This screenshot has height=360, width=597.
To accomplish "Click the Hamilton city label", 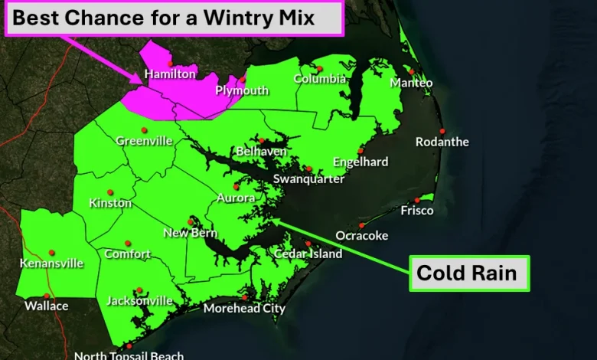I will click(171, 75).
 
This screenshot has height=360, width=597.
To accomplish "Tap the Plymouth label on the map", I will click(241, 90).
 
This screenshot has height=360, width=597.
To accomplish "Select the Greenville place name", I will click(143, 141).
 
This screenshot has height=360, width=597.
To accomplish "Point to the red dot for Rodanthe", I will click(442, 131).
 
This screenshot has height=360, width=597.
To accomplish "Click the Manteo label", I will click(411, 83).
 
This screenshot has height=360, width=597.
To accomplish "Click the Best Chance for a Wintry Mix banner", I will click(174, 18).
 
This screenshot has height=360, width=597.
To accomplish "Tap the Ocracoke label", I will click(362, 236).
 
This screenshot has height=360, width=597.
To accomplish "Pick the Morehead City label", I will click(244, 309).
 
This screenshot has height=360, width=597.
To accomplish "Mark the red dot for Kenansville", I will click(52, 252).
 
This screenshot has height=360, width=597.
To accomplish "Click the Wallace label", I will click(46, 306).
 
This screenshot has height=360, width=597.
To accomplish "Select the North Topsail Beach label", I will click(129, 355).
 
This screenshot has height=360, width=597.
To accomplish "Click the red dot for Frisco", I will click(418, 200).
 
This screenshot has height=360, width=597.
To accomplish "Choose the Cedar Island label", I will click(308, 254).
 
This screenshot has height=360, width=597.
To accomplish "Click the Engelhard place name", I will click(360, 162).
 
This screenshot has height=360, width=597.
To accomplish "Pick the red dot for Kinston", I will click(110, 192).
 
